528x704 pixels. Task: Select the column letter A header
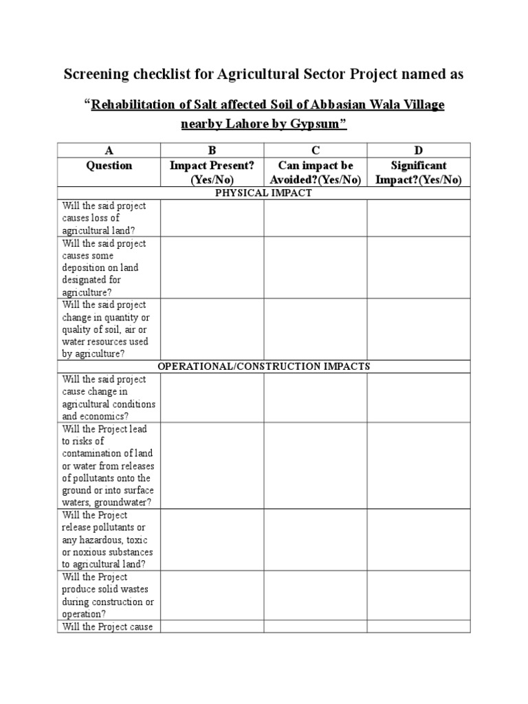pyautogui.click(x=109, y=151)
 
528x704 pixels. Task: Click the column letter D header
pyautogui.click(x=418, y=151)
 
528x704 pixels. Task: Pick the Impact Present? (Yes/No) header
pyautogui.click(x=212, y=173)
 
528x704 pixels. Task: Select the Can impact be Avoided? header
pyautogui.click(x=315, y=173)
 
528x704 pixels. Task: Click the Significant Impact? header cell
pyautogui.click(x=418, y=173)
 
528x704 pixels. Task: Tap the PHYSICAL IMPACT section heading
pyautogui.click(x=263, y=193)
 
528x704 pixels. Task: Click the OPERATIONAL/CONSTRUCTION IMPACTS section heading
pyautogui.click(x=263, y=366)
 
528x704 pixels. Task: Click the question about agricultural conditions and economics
pyautogui.click(x=109, y=397)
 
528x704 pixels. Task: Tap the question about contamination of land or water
pyautogui.click(x=109, y=465)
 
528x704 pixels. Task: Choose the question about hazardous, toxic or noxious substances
pyautogui.click(x=108, y=540)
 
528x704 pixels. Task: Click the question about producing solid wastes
pyautogui.click(x=108, y=595)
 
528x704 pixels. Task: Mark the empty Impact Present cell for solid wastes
pyautogui.click(x=212, y=595)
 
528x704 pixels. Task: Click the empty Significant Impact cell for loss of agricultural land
pyautogui.click(x=418, y=219)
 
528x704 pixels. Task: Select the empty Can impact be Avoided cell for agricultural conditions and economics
pyautogui.click(x=315, y=397)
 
